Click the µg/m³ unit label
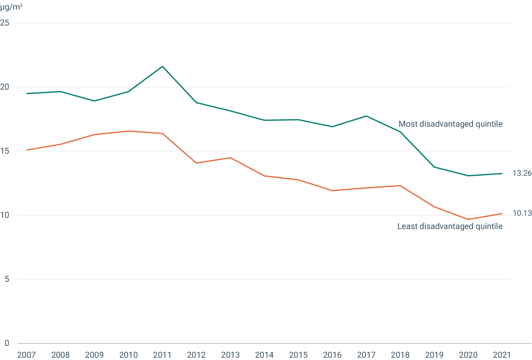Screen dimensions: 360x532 (x=11, y=7)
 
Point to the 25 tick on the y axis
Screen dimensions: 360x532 (x=5, y=23)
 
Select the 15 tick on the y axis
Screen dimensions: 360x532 (x=5, y=151)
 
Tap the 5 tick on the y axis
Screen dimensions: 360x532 (x=7, y=279)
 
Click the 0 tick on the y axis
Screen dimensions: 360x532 (x=7, y=343)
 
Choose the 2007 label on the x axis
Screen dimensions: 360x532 (x=27, y=355)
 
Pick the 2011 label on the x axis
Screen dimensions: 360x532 (x=162, y=355)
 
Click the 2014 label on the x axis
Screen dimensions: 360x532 (x=264, y=355)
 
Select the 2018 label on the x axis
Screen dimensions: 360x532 (x=400, y=355)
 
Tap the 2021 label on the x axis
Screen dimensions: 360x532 (x=502, y=355)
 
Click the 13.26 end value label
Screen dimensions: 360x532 (x=522, y=173)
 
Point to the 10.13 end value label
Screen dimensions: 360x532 (x=522, y=213)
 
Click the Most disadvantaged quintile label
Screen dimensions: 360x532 (x=450, y=124)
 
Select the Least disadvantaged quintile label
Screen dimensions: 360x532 (x=450, y=226)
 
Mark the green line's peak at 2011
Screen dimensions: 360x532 (x=162, y=66)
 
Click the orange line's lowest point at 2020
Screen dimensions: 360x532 (x=468, y=219)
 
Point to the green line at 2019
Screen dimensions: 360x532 (x=434, y=167)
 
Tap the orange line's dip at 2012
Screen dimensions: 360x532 (x=196, y=163)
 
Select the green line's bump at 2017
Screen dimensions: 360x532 (x=366, y=116)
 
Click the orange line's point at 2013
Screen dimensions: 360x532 (x=230, y=158)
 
